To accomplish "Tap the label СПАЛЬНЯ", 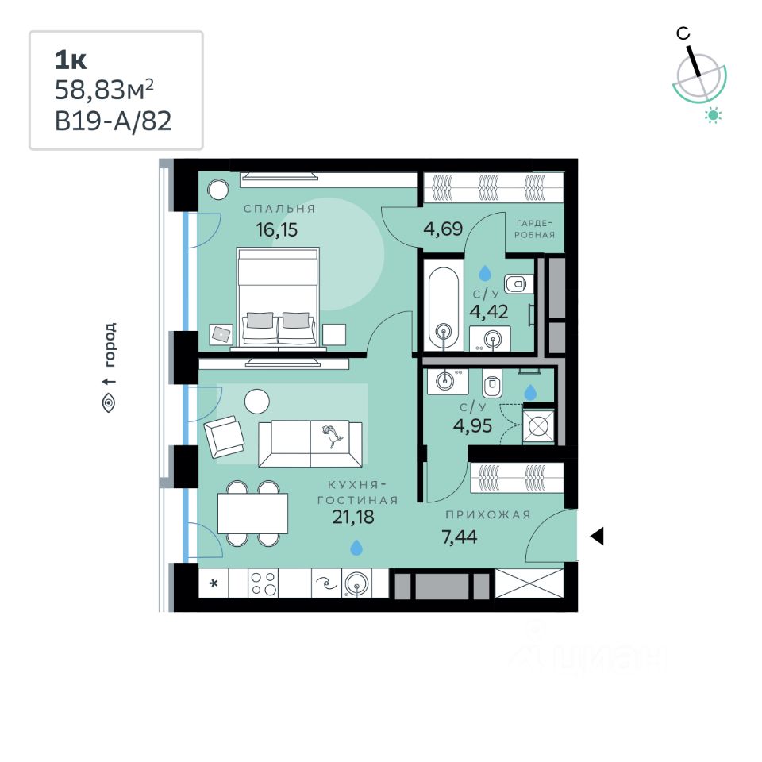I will tap(279, 209).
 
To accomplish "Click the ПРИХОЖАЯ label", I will tap(487, 515).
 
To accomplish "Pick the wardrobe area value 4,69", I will tap(443, 231).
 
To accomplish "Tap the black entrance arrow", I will tap(597, 537).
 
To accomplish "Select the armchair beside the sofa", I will tap(224, 437).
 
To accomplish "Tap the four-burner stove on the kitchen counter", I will tap(264, 584).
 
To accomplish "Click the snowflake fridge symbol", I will tap(214, 585).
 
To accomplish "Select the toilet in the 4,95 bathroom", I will tap(492, 384).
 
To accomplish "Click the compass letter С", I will tap(682, 33).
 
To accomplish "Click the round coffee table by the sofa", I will tap(257, 401).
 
